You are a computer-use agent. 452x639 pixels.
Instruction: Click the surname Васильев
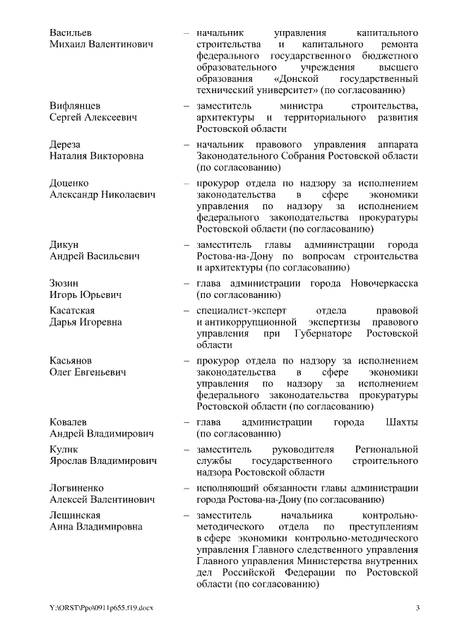(71, 33)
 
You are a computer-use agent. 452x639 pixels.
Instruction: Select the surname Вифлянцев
(75, 106)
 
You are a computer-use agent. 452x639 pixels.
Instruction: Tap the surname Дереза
(65, 145)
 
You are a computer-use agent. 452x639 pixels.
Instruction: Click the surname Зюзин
(64, 283)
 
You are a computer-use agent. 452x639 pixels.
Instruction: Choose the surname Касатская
(72, 311)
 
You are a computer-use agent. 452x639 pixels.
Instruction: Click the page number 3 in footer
(417, 609)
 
